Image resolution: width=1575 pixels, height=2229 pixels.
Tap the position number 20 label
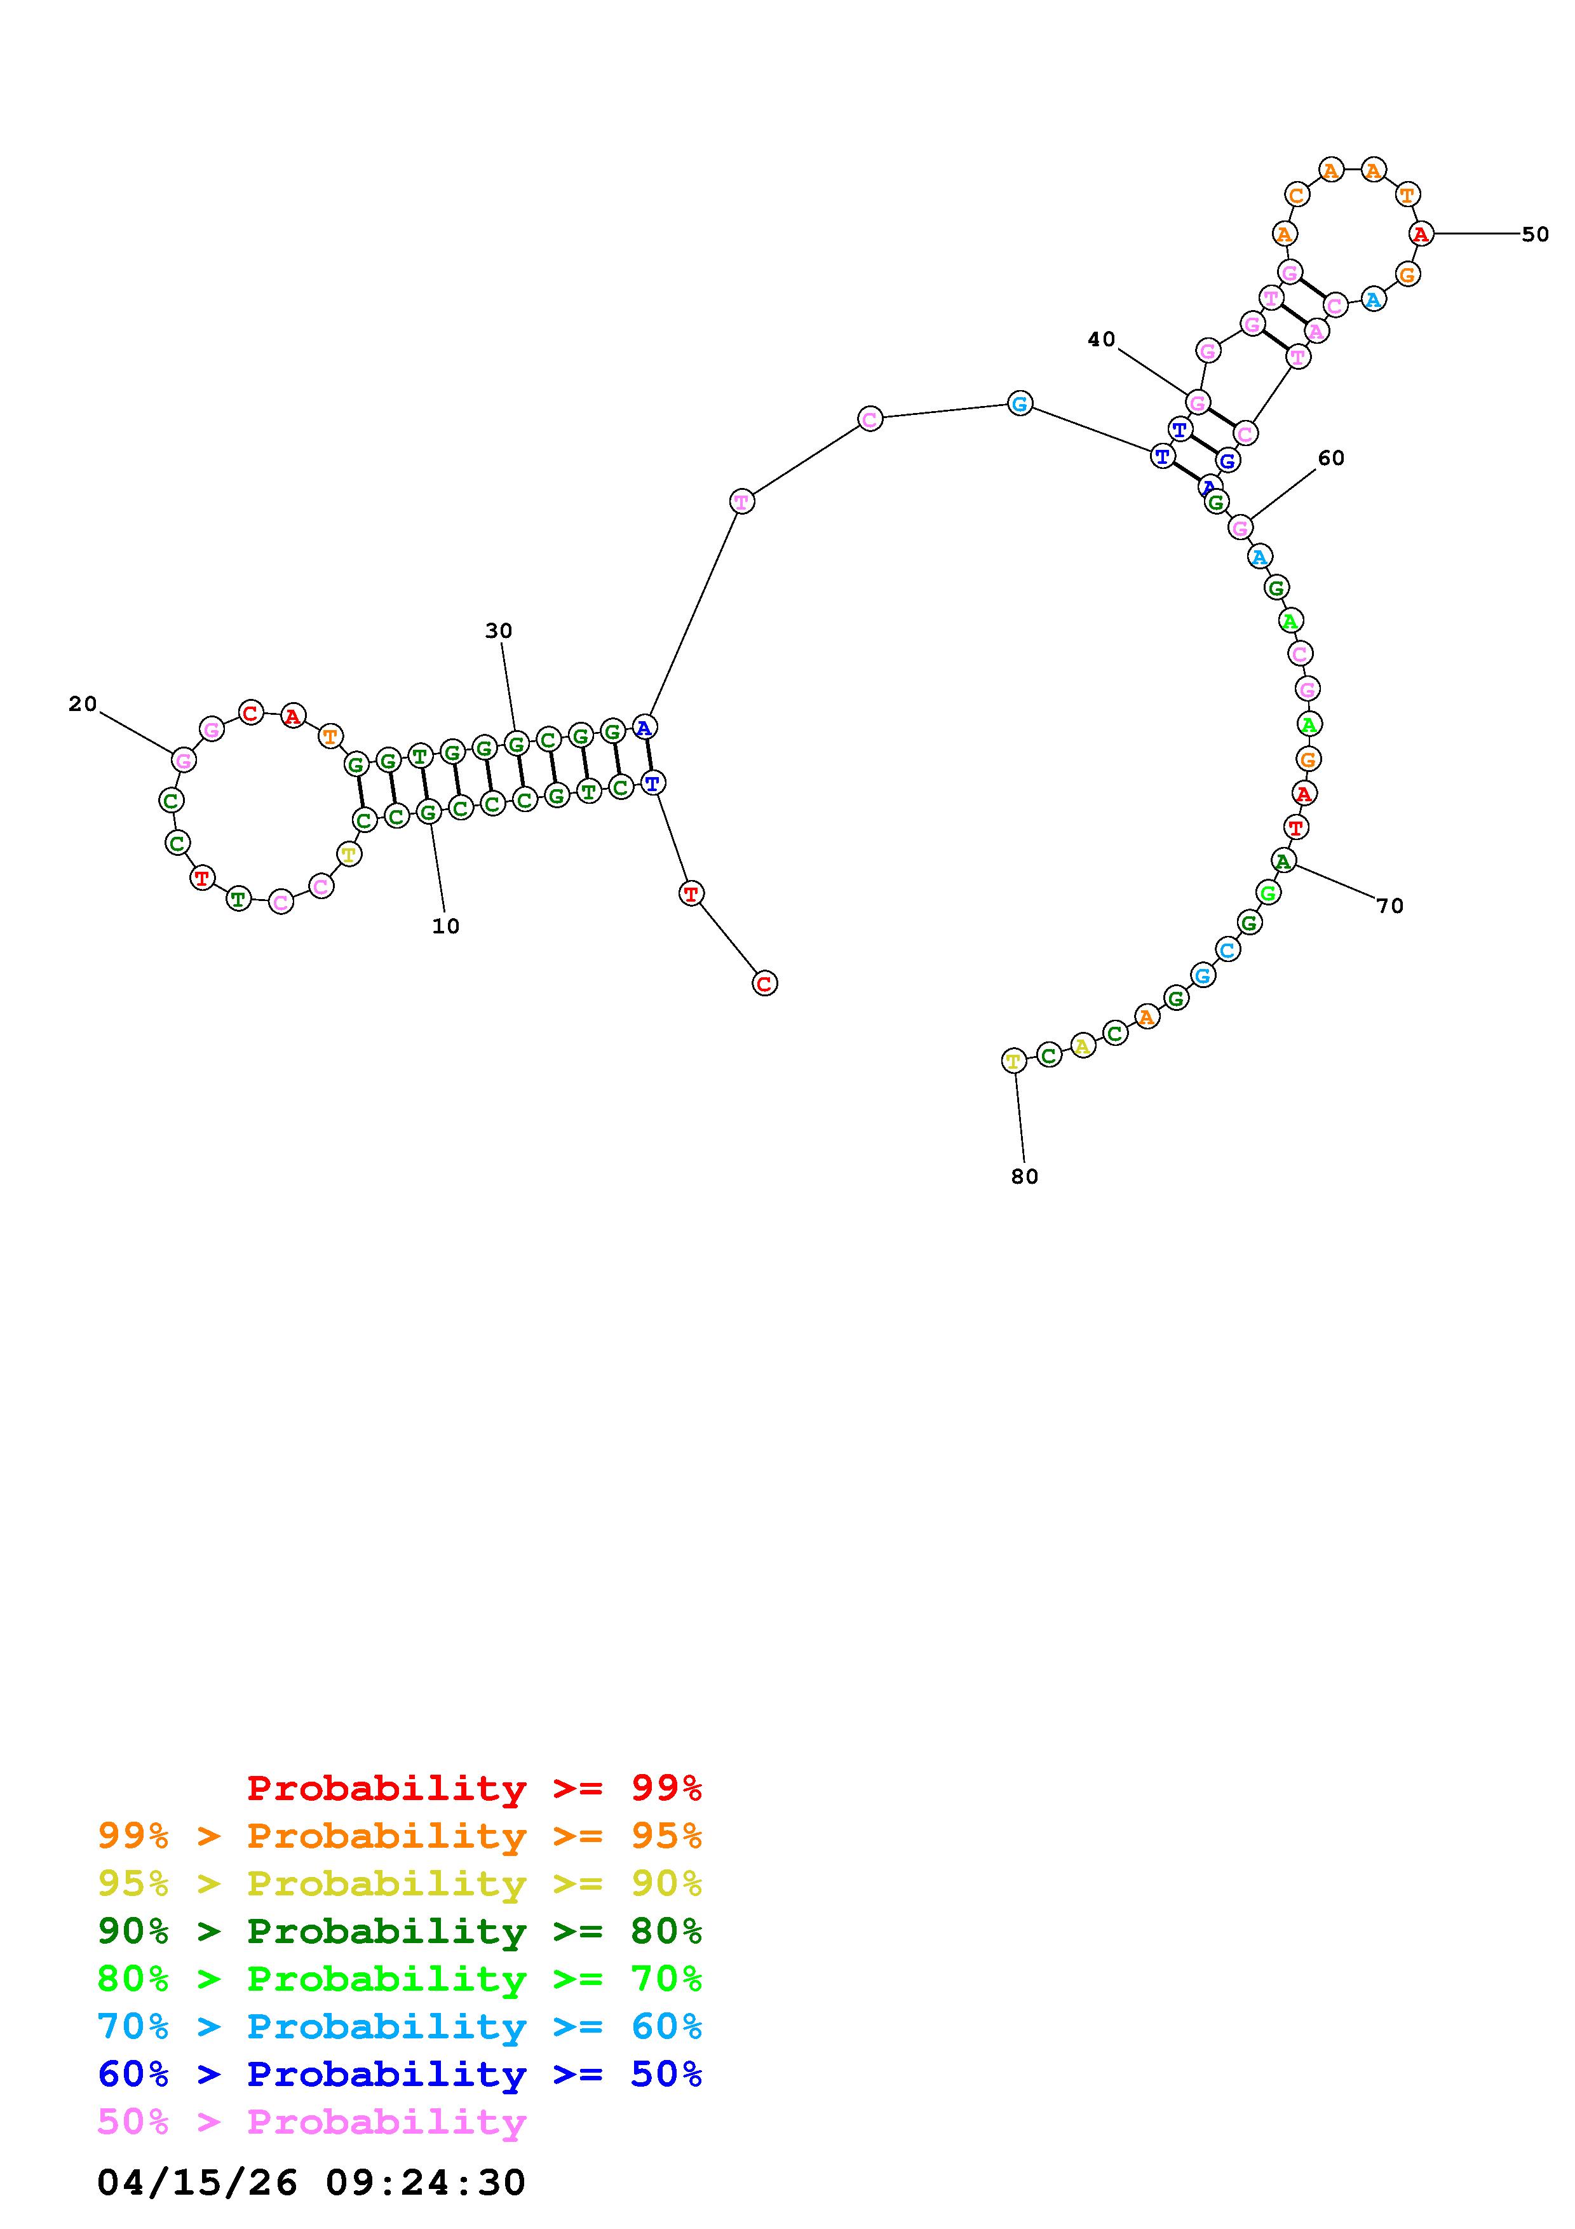pos(83,704)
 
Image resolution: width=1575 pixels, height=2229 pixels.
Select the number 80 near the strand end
pos(1025,1177)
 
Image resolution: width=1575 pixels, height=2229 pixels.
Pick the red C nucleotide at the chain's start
pos(765,984)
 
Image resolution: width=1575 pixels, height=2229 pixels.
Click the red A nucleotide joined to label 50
pos(1421,234)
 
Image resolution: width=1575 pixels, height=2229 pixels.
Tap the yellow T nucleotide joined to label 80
pos(1013,1061)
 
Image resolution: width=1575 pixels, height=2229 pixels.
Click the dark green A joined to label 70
pos(1283,860)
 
